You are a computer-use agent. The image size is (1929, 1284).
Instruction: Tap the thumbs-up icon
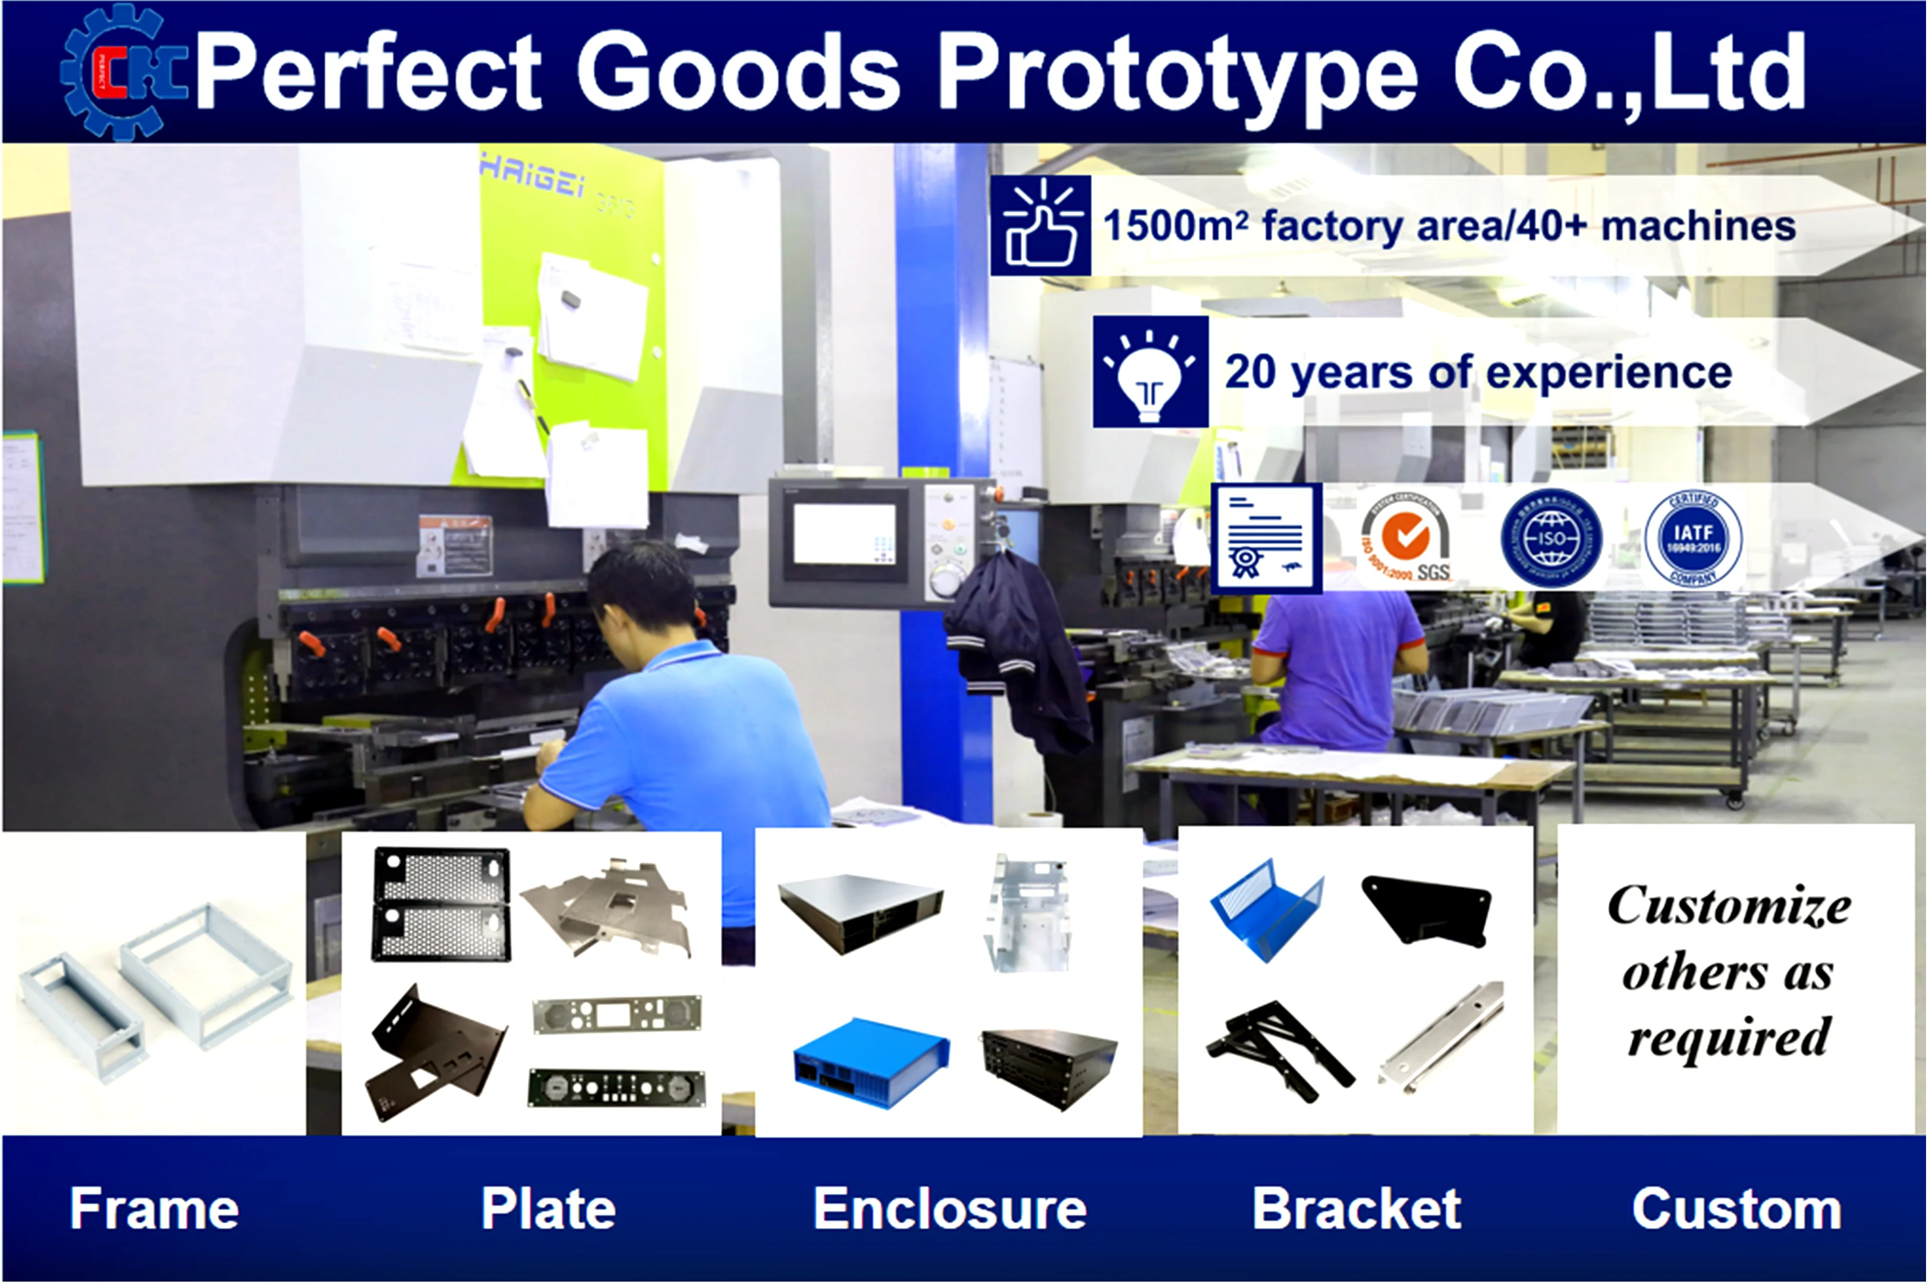(1040, 225)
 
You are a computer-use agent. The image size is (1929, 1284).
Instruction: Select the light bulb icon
(1150, 372)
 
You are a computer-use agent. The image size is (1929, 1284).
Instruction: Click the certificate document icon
(1265, 537)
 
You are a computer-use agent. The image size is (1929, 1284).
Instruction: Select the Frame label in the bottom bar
(154, 1208)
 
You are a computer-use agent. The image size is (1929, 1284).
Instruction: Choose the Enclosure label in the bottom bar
(949, 1208)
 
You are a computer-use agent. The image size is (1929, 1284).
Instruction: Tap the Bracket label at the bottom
(1356, 1208)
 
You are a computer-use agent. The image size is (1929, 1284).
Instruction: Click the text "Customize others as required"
(1729, 971)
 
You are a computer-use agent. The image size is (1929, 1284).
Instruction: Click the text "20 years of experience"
(1478, 372)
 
